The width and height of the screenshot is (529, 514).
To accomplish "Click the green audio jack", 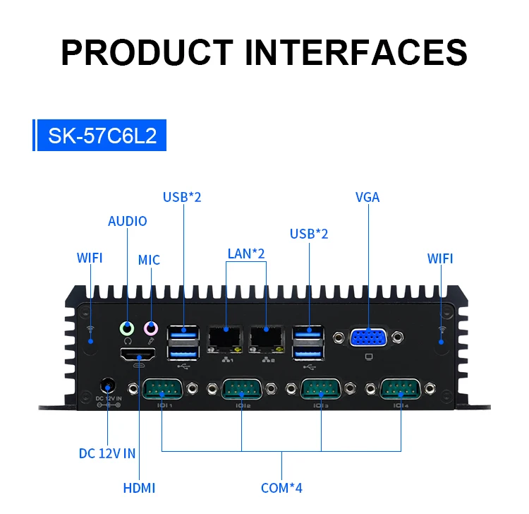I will pos(128,328).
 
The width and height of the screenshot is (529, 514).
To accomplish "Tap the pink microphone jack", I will pos(151,328).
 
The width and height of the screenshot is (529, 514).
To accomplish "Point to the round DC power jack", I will pos(108,386).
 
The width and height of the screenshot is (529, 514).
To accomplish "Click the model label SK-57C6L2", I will pos(102,136).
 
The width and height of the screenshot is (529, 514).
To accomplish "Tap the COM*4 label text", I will pos(281,487).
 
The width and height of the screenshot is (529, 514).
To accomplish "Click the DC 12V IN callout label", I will pos(107,453).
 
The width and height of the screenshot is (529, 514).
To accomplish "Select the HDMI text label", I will pos(139,487).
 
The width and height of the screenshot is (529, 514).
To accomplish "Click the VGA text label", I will pos(367,197).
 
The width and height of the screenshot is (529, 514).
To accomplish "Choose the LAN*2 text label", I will pos(246,253).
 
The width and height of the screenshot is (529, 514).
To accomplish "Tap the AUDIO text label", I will pos(128,221).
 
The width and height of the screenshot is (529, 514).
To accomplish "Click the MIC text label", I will pos(149,260).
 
